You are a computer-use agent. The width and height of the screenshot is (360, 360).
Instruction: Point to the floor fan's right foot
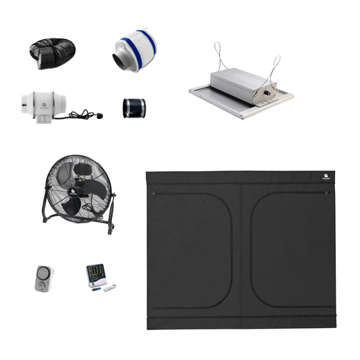pyautogui.click(x=110, y=230)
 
